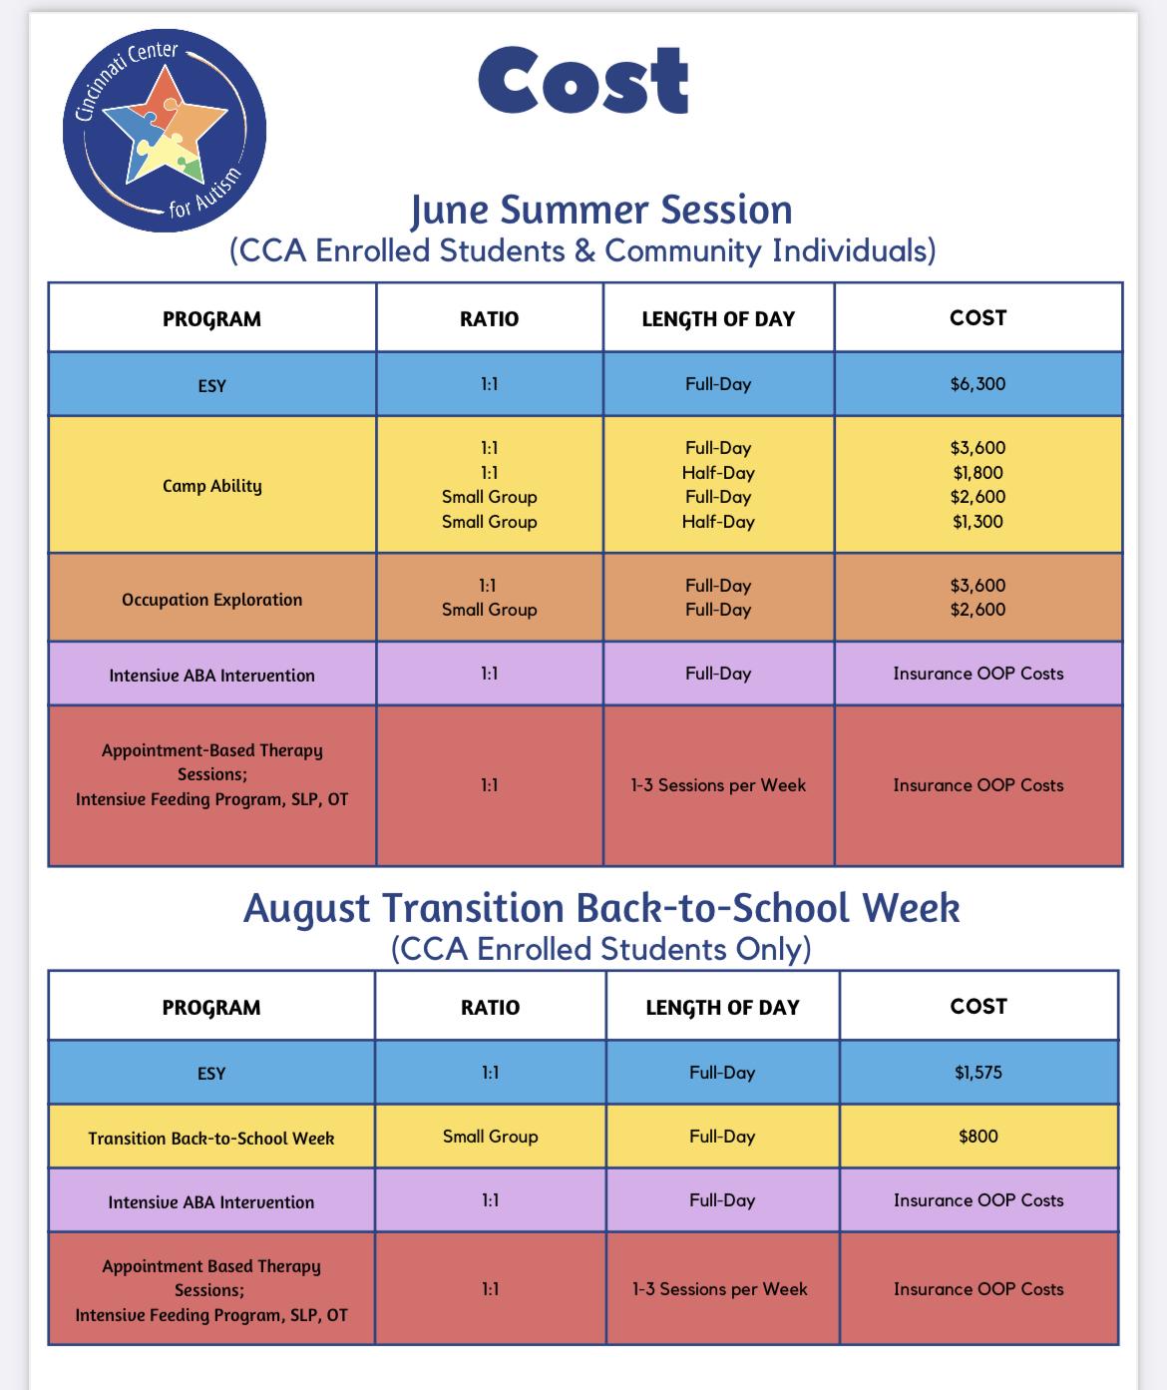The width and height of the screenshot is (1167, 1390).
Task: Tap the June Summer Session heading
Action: click(x=601, y=211)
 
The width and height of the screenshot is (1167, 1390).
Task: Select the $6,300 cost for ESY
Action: click(x=977, y=383)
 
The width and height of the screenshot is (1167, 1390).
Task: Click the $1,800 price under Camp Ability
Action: click(x=977, y=473)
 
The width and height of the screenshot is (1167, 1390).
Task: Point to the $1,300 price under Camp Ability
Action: click(x=977, y=521)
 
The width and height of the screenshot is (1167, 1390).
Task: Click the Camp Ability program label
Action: click(x=211, y=486)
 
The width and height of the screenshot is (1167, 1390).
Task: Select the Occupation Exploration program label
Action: click(x=211, y=600)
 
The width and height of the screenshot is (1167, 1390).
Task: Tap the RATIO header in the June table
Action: click(x=489, y=319)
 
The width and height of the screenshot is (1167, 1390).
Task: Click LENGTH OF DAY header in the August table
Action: click(x=722, y=1008)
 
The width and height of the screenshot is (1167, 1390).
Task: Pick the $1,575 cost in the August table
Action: click(x=977, y=1073)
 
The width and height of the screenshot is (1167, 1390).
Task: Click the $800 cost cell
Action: click(x=977, y=1137)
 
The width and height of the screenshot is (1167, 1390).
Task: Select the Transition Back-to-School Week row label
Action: click(x=211, y=1139)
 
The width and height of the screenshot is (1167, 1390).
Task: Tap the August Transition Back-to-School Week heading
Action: click(x=601, y=909)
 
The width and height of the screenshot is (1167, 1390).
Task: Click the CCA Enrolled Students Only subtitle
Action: click(x=601, y=949)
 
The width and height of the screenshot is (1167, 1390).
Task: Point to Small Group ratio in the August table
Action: click(x=490, y=1137)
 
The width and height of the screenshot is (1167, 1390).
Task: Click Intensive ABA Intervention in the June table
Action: click(x=211, y=676)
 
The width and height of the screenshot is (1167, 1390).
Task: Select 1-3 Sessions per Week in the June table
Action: click(x=718, y=785)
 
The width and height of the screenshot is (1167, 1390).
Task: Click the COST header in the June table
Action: click(x=977, y=318)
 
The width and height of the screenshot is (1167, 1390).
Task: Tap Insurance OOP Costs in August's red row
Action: click(x=977, y=1289)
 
